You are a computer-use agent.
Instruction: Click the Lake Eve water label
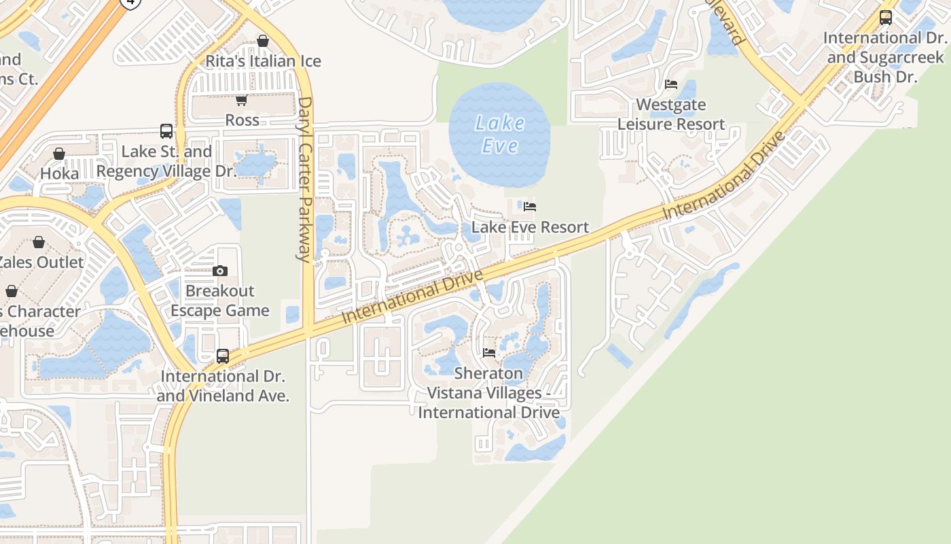(x=500, y=134)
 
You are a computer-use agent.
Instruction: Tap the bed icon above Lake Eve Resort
(x=530, y=207)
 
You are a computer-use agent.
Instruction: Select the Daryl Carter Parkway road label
(x=304, y=179)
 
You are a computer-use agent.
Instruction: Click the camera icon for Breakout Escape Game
(x=219, y=271)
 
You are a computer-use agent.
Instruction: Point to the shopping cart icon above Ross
(x=241, y=101)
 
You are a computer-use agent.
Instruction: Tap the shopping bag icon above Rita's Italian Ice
(x=263, y=41)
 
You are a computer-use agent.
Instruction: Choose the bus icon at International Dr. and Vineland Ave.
(x=222, y=356)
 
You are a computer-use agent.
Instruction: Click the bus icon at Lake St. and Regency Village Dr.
(x=166, y=131)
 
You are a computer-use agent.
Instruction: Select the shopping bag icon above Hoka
(x=59, y=154)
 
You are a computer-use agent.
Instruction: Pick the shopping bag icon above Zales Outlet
(x=39, y=242)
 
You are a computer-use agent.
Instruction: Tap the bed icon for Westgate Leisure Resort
(x=671, y=84)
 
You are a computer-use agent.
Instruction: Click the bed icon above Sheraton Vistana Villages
(x=488, y=353)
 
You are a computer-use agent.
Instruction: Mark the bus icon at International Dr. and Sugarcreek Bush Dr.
(x=885, y=18)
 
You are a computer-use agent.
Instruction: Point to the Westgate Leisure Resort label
(x=671, y=114)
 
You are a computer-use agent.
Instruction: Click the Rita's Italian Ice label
(x=263, y=61)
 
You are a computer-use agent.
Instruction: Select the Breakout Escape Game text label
(x=219, y=301)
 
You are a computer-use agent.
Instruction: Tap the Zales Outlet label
(x=41, y=262)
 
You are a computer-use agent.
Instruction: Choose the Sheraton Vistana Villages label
(x=488, y=392)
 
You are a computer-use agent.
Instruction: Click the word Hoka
(x=59, y=173)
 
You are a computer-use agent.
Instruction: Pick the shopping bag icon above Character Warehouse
(x=12, y=292)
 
